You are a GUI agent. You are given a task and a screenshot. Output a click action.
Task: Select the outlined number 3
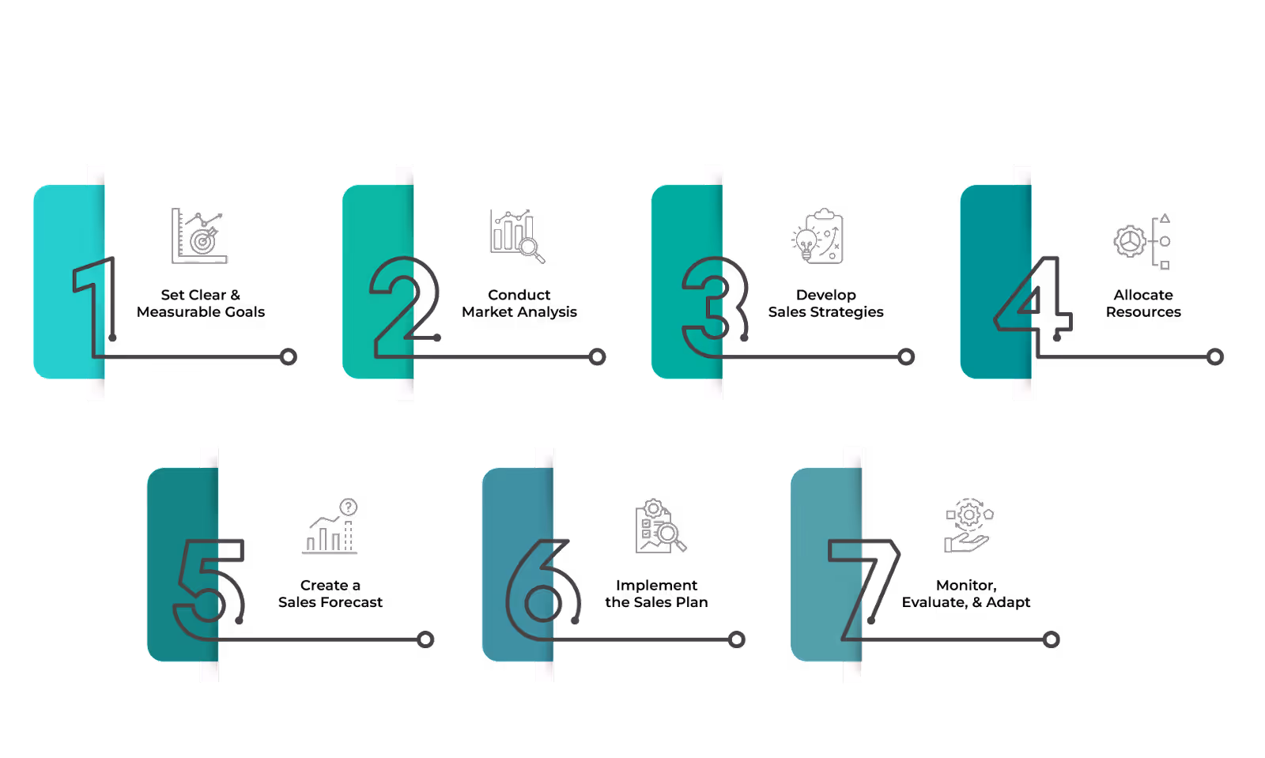714,307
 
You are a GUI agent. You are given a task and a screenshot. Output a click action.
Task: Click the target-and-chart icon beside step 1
199,236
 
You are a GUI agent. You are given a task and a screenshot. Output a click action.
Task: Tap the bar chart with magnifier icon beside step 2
517,236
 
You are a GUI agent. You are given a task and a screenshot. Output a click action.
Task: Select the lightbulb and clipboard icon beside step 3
818,236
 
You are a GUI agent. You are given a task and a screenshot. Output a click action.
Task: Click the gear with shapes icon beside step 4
1142,241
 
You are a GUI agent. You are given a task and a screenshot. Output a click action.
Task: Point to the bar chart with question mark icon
330,526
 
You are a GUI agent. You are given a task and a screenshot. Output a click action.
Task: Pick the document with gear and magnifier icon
659,526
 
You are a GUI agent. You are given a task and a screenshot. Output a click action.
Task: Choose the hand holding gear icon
968,526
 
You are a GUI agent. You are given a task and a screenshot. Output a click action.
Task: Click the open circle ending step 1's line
289,357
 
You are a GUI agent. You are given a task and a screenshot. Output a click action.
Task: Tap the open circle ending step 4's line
1215,357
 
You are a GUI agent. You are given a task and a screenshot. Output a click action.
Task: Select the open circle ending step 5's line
425,639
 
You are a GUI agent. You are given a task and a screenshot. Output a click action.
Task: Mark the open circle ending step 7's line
1051,639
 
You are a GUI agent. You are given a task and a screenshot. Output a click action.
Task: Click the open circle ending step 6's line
737,639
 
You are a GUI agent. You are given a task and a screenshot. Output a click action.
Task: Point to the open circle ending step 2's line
598,357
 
